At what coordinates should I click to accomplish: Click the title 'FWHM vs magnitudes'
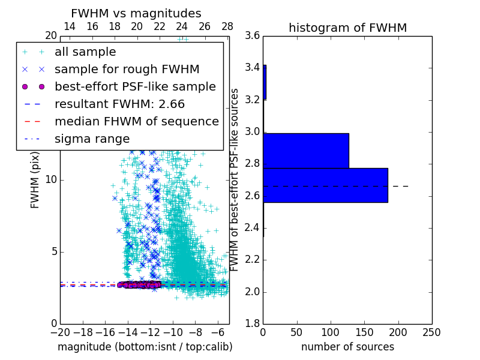[136, 13]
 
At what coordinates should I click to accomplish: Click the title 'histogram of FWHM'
[347, 28]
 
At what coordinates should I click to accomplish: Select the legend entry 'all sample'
[85, 52]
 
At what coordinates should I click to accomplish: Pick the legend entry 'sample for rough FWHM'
[127, 69]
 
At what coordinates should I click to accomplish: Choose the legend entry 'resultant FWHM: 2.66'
[119, 104]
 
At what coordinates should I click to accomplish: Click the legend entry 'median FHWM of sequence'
[136, 121]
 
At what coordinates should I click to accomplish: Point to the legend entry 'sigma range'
[92, 139]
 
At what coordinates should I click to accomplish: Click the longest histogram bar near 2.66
[325, 185]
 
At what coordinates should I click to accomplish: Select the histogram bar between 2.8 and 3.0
[306, 151]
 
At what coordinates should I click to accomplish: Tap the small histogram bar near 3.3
[265, 82]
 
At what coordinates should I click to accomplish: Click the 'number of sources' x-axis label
[347, 347]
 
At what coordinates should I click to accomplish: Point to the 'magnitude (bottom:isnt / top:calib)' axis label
[145, 347]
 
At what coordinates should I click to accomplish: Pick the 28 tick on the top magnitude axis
[227, 26]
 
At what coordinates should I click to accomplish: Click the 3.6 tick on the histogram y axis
[253, 35]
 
